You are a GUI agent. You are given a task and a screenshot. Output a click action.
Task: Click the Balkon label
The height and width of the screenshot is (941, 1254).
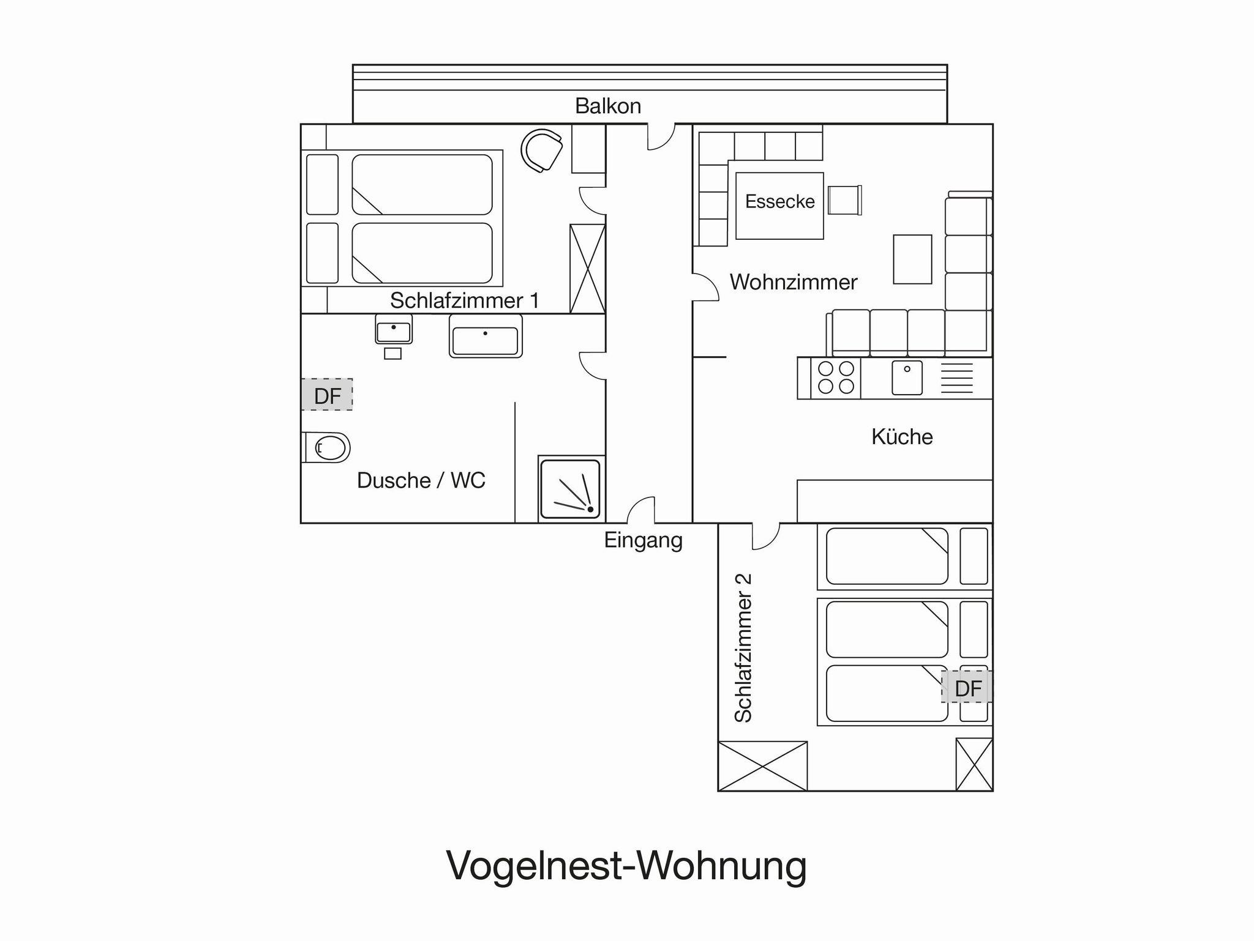pyautogui.click(x=608, y=106)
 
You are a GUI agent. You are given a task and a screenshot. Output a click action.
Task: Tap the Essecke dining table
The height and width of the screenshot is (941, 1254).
pyautogui.click(x=779, y=206)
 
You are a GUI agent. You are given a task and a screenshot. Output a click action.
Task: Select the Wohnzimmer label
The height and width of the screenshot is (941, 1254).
pyautogui.click(x=794, y=282)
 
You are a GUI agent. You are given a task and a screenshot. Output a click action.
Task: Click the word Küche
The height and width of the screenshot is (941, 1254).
pyautogui.click(x=902, y=436)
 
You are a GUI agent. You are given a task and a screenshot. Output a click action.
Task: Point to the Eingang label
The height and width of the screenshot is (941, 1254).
pyautogui.click(x=643, y=540)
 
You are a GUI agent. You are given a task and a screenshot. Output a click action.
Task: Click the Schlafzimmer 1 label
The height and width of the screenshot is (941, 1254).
pyautogui.click(x=465, y=300)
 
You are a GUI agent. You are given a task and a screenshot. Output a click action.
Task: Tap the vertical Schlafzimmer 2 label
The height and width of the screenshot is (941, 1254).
pyautogui.click(x=742, y=648)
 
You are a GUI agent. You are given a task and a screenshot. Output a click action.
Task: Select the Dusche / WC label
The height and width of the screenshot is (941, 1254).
pyautogui.click(x=421, y=480)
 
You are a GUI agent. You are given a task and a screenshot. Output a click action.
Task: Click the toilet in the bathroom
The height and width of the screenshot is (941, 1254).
pyautogui.click(x=326, y=447)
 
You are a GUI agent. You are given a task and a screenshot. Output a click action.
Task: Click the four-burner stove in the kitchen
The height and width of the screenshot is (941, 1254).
pyautogui.click(x=836, y=378)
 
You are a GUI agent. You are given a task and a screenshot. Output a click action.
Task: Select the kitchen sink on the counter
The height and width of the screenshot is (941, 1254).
pyautogui.click(x=907, y=378)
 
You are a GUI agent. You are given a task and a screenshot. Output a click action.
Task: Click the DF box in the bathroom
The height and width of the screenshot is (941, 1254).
pyautogui.click(x=327, y=395)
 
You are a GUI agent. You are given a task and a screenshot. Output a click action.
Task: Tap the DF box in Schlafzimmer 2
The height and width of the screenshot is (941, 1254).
pyautogui.click(x=967, y=688)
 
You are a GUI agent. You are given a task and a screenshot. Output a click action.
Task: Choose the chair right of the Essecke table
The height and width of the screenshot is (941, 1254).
pyautogui.click(x=844, y=200)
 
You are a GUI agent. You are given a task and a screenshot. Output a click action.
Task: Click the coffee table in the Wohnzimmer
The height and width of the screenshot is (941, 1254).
pyautogui.click(x=912, y=259)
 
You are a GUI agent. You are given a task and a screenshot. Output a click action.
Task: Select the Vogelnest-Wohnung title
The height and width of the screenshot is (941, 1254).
pyautogui.click(x=626, y=866)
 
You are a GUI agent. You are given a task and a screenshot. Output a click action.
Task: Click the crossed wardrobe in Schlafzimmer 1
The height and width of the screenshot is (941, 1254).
pyautogui.click(x=588, y=269)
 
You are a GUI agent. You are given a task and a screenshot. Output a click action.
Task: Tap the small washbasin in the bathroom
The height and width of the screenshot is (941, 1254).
pyautogui.click(x=394, y=330)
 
